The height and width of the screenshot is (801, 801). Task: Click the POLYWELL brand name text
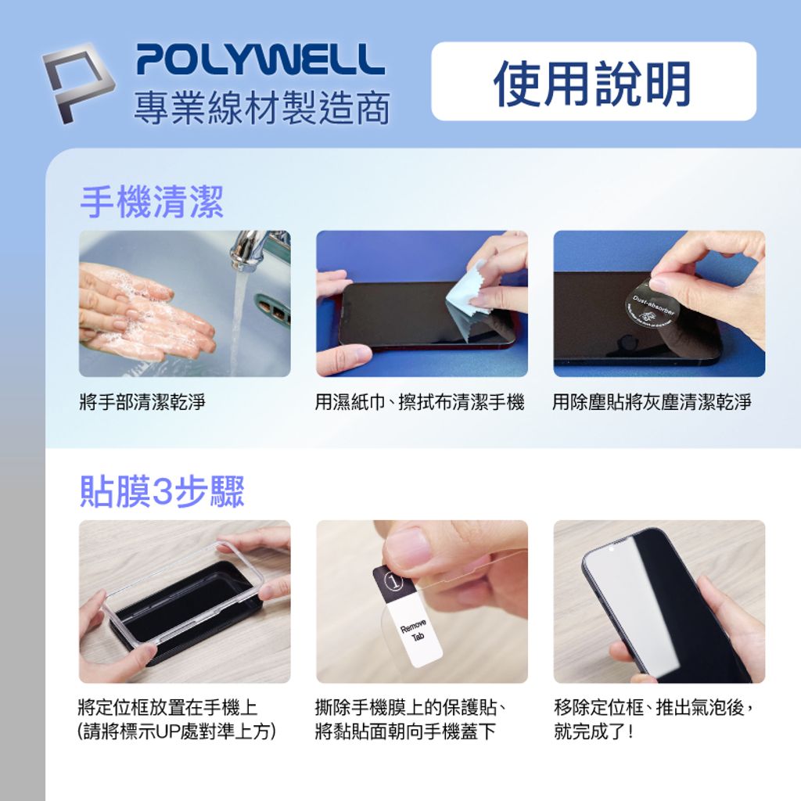(x=260, y=59)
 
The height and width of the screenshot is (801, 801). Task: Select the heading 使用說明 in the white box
(x=593, y=83)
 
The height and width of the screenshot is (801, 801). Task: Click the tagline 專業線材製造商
(x=262, y=109)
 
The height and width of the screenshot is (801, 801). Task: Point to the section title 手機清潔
(x=152, y=203)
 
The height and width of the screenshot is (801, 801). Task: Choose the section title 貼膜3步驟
(x=163, y=492)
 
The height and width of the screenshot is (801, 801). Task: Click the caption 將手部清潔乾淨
(x=142, y=402)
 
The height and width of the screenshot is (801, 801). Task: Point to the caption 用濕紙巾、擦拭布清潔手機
(x=420, y=402)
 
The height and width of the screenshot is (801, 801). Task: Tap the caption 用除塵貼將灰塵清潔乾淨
(x=652, y=402)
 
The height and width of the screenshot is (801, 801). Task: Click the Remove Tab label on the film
(x=414, y=631)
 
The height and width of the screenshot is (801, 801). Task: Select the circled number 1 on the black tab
(x=393, y=582)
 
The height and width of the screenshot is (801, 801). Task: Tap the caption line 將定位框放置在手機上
(x=168, y=707)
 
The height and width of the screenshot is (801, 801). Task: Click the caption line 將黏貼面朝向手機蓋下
(x=405, y=731)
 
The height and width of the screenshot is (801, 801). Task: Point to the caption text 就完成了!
(x=594, y=731)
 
